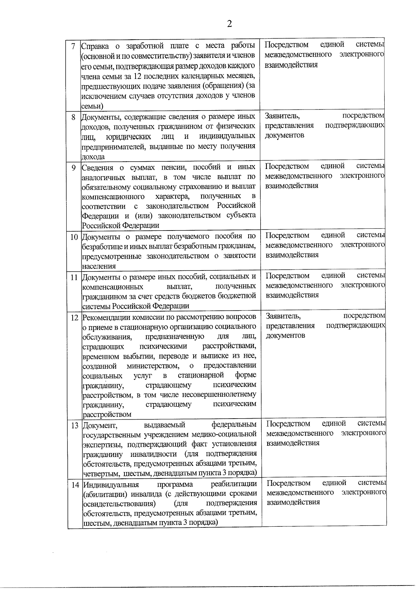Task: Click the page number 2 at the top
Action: [229, 24]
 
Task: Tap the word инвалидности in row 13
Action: [153, 454]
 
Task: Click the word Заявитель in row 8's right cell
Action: [282, 116]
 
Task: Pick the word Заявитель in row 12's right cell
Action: [283, 316]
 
